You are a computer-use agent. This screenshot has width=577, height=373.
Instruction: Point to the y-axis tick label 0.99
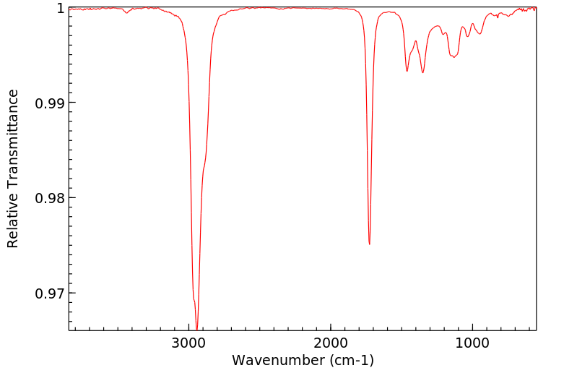click(x=50, y=103)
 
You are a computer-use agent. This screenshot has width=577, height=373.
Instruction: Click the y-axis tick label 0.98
click(x=50, y=198)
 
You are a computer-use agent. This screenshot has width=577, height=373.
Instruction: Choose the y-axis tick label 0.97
click(x=50, y=293)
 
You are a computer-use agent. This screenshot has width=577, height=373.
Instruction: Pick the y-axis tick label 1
click(x=61, y=8)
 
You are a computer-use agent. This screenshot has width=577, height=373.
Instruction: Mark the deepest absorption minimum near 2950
click(x=196, y=329)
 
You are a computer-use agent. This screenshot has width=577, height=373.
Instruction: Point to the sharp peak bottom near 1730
click(x=369, y=244)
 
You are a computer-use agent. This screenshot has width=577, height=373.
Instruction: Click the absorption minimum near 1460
click(x=407, y=71)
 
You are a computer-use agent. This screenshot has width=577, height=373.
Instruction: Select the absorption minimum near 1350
click(x=423, y=72)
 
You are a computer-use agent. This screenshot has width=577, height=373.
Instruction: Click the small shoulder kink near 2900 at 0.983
click(x=204, y=169)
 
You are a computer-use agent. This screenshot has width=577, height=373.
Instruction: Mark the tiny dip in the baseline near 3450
click(x=127, y=13)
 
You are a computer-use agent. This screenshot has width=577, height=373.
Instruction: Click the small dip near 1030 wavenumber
click(x=468, y=36)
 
